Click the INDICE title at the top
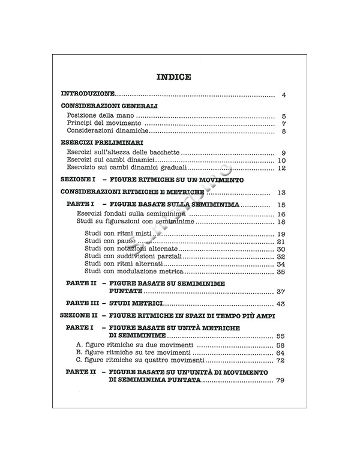[x=173, y=77]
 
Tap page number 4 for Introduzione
[x=284, y=95]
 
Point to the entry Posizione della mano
[x=101, y=116]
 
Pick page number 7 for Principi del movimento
[x=284, y=124]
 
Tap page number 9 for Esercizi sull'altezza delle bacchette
[x=283, y=154]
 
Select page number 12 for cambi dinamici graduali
[x=282, y=169]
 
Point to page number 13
[x=281, y=193]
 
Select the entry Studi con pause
[x=106, y=241]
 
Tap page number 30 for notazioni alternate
[x=281, y=249]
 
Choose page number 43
[x=281, y=304]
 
